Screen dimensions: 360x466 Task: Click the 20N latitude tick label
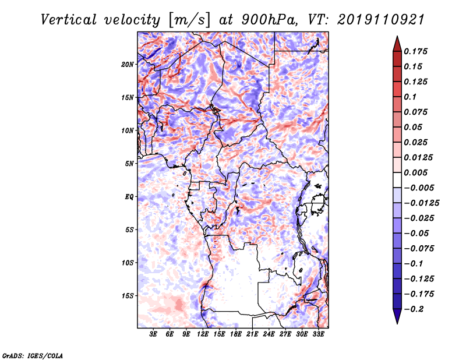coord(128,64)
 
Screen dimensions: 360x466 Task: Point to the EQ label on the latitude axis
coord(129,197)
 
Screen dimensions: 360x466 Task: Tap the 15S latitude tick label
coord(128,296)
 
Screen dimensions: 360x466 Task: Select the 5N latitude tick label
coord(129,164)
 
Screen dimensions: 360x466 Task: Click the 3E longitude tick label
coord(154,334)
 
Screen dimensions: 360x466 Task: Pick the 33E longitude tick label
coord(319,334)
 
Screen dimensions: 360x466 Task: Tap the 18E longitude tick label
coord(236,334)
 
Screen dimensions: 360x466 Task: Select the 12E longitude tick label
coord(203,334)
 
